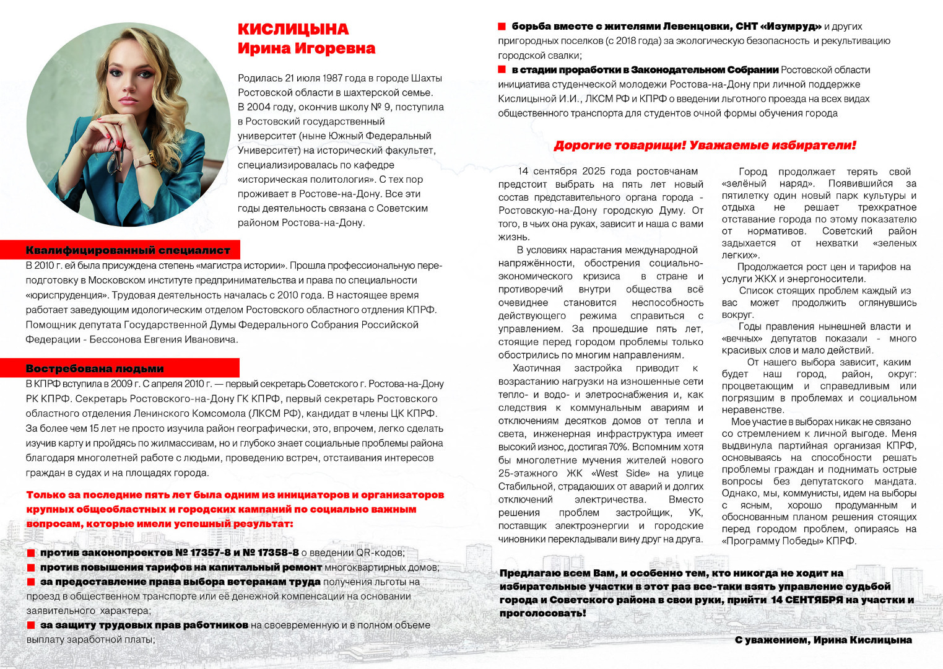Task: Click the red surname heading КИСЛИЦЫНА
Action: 293,29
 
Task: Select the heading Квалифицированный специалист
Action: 128,250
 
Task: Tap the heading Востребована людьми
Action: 95,369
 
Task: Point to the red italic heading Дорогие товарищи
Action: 705,146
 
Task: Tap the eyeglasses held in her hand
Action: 116,162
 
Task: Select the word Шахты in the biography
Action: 425,78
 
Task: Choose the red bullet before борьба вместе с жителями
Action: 502,27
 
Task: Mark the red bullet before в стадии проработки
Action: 502,69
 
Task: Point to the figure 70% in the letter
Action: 619,447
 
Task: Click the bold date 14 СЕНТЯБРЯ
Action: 806,600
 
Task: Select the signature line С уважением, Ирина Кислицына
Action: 823,640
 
